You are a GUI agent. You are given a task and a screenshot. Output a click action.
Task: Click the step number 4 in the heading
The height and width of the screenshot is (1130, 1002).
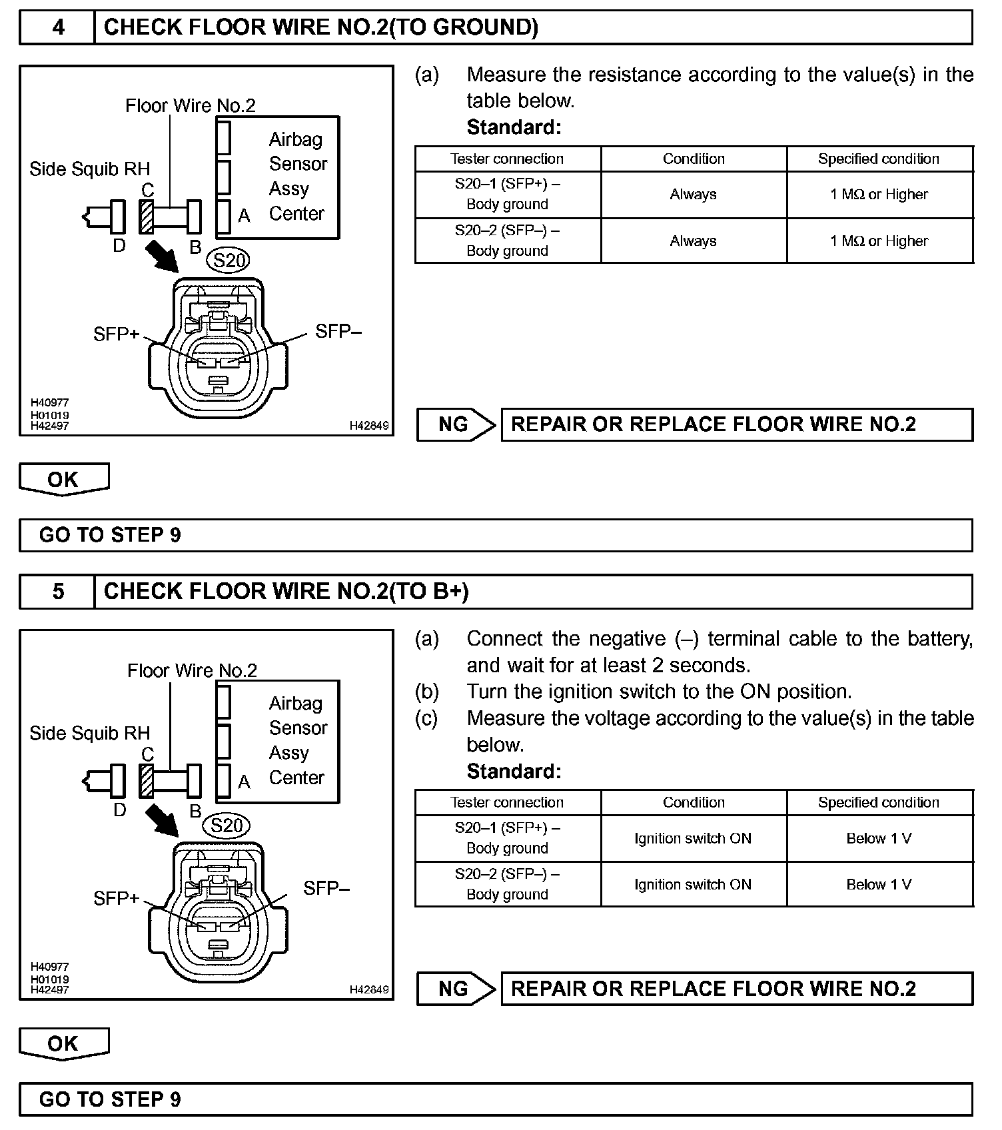click(59, 27)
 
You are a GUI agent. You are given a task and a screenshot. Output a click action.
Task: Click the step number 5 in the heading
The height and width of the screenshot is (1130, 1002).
click(59, 592)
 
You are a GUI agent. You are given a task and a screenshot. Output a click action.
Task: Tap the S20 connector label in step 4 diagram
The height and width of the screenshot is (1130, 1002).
click(230, 260)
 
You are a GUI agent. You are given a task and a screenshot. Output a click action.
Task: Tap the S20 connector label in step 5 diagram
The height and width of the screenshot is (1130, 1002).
click(227, 826)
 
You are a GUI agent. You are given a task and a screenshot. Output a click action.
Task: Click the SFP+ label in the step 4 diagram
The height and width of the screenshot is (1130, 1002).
click(117, 334)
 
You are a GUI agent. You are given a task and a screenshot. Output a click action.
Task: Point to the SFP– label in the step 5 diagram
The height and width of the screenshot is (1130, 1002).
click(326, 888)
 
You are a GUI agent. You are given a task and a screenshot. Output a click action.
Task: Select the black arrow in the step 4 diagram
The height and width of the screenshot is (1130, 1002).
click(161, 257)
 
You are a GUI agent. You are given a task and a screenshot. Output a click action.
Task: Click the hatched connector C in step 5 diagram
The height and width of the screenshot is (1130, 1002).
click(147, 780)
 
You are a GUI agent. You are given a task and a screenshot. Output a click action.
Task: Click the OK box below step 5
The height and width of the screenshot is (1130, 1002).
click(63, 1043)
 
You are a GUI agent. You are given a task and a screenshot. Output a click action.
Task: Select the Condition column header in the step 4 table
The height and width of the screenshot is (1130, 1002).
click(694, 159)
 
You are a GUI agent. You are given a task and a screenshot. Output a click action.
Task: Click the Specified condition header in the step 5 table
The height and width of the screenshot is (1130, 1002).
click(879, 803)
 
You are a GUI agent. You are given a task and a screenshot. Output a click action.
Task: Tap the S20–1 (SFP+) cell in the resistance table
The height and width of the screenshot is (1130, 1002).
click(508, 194)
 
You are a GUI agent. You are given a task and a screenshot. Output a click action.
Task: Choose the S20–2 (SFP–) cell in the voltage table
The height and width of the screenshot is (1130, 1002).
click(508, 884)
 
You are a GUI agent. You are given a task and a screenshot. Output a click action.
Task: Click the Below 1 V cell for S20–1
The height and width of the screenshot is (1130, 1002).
click(879, 838)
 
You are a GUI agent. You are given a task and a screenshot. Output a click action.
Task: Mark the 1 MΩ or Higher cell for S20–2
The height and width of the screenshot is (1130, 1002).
click(879, 241)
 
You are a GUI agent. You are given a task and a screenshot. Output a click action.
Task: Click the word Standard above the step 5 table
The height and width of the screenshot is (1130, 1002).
click(514, 772)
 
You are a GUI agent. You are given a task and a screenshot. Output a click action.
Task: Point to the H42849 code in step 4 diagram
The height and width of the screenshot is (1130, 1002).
click(369, 425)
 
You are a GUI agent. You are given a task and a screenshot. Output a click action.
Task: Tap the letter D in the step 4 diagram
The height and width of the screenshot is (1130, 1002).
click(119, 246)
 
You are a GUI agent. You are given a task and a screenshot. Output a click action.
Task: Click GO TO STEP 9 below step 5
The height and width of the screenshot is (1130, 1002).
click(110, 1099)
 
